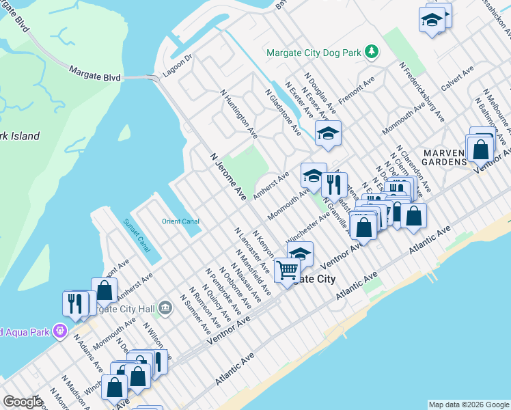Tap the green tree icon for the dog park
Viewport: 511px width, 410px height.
pyautogui.click(x=371, y=52)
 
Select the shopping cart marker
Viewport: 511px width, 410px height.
pyautogui.click(x=286, y=271)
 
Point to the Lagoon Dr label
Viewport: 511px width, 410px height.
pyautogui.click(x=178, y=66)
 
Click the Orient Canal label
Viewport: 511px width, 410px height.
pyautogui.click(x=180, y=221)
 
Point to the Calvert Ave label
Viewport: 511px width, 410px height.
pyautogui.click(x=457, y=79)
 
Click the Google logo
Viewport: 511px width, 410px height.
pyautogui.click(x=23, y=402)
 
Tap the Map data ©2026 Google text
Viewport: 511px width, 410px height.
pyautogui.click(x=469, y=405)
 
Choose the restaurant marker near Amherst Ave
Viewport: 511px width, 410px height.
pyautogui.click(x=333, y=185)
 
